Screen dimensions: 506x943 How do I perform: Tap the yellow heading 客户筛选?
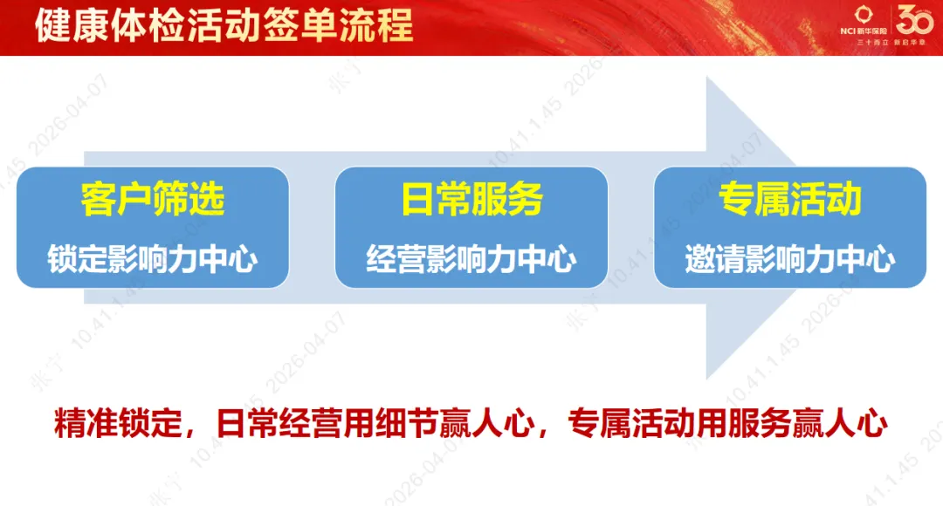153,199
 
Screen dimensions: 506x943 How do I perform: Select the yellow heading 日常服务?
471,199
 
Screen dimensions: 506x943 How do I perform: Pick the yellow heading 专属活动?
790,199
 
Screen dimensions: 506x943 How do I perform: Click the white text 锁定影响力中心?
153,259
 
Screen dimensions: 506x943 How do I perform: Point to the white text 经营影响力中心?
471,259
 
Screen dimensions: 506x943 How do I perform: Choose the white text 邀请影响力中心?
790,259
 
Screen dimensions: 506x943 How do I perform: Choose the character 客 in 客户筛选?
97,199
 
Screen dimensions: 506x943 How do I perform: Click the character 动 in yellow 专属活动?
844,199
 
